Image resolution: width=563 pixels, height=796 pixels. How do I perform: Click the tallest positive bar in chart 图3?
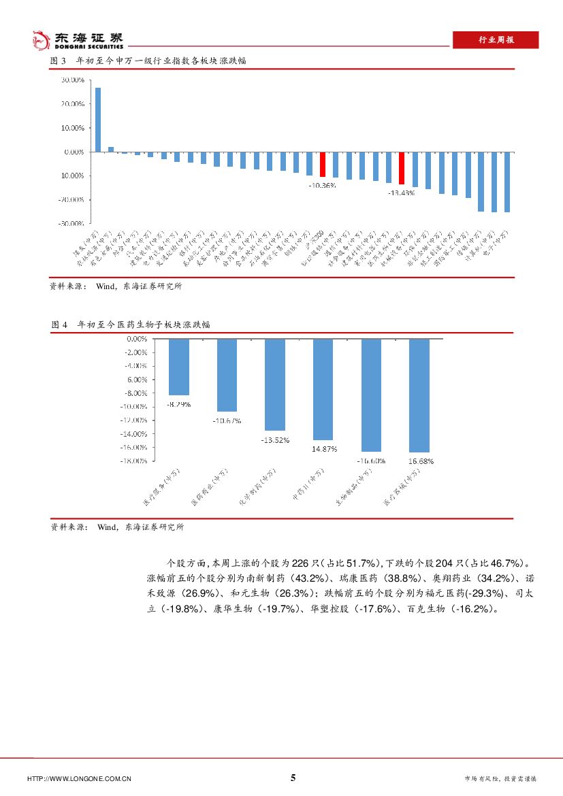(x=98, y=119)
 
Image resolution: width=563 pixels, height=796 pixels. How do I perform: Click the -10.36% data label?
(x=322, y=185)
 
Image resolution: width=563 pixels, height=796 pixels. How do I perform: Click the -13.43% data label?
(x=401, y=193)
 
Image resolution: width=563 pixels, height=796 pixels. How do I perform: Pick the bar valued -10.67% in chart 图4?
(x=227, y=374)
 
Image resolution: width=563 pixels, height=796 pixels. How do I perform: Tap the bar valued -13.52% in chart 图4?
(x=275, y=384)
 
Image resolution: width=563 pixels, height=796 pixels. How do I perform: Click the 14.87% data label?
(x=323, y=449)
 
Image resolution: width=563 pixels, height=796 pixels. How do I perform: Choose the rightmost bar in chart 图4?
(x=419, y=395)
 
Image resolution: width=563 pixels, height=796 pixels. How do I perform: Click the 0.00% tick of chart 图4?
(x=136, y=338)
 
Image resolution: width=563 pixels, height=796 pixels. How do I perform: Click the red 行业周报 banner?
(x=495, y=40)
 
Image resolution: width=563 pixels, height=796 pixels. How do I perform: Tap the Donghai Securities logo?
(x=78, y=39)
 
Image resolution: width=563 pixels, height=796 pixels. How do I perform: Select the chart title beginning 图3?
(x=148, y=61)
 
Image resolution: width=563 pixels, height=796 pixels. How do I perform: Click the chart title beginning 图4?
(x=131, y=325)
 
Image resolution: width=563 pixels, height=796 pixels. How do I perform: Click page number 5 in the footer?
(x=293, y=778)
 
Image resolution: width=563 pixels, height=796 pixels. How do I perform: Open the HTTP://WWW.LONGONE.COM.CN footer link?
(x=78, y=778)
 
